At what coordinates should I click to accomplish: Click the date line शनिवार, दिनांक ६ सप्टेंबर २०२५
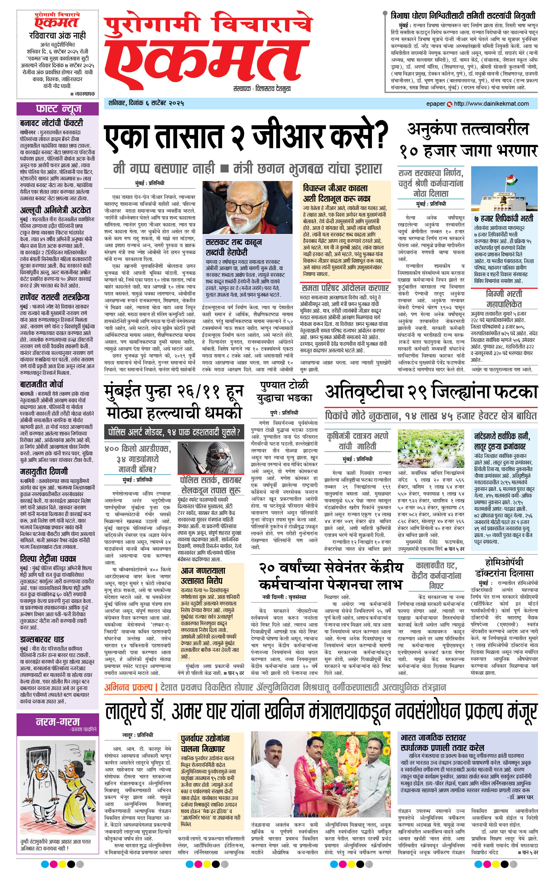tap(146, 103)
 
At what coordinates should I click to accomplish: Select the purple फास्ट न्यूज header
tap(58, 108)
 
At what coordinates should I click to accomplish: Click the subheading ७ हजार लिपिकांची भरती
tap(504, 219)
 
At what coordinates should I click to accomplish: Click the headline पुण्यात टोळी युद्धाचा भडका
tap(284, 391)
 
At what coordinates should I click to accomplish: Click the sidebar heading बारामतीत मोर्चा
tap(42, 384)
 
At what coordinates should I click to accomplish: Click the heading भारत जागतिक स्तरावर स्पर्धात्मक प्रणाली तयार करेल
tap(442, 742)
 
